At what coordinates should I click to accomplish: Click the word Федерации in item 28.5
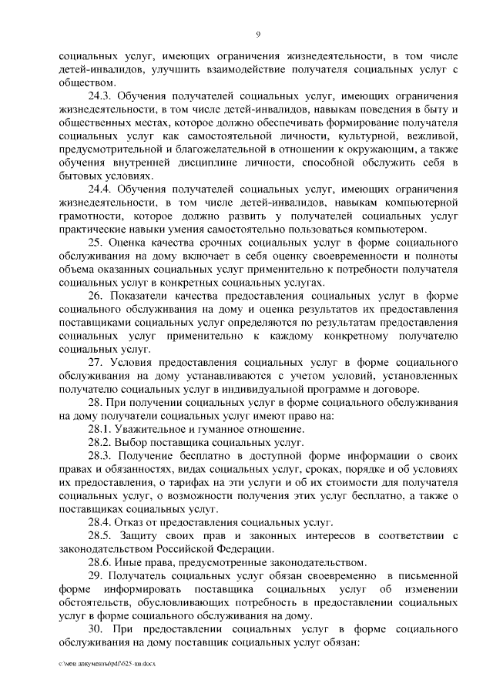click(240, 549)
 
